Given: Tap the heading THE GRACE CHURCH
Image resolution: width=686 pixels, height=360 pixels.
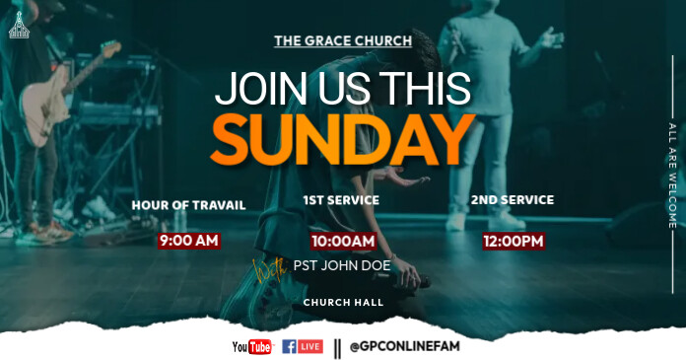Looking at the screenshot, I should pyautogui.click(x=342, y=41).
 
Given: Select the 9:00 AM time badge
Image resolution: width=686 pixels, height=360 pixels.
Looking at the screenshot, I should pyautogui.click(x=188, y=240).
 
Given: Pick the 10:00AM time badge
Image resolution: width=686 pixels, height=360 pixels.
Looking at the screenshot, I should pyautogui.click(x=343, y=241).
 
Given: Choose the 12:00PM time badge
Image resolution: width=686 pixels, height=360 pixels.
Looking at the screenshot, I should pyautogui.click(x=513, y=241).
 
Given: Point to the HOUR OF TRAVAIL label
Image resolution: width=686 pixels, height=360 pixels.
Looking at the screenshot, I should pyautogui.click(x=188, y=205).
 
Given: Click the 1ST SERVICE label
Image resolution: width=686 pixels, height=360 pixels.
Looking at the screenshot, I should pyautogui.click(x=341, y=200).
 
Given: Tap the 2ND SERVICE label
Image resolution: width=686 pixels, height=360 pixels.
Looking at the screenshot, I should pyautogui.click(x=512, y=200).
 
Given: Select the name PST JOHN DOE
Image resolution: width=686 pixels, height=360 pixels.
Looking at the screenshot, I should pyautogui.click(x=342, y=265).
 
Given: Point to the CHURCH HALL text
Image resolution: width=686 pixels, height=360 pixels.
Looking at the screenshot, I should pyautogui.click(x=343, y=302).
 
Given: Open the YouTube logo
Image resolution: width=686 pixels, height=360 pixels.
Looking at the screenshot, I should pyautogui.click(x=251, y=346).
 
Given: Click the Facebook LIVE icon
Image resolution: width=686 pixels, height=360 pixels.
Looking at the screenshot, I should pyautogui.click(x=302, y=346).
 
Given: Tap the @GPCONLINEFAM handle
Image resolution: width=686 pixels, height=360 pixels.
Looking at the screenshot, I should pyautogui.click(x=397, y=346).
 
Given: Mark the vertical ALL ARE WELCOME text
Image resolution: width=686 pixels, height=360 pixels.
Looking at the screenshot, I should pyautogui.click(x=672, y=175).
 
